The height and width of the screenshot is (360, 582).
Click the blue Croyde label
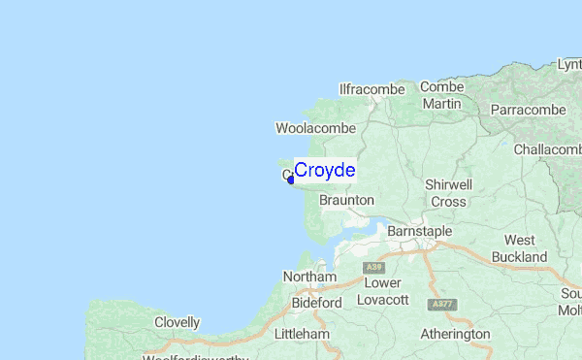point(324,171)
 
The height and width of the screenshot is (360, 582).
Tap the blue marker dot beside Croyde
point(291,179)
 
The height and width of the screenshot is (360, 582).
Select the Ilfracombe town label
point(372,89)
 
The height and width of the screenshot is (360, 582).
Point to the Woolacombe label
point(315,128)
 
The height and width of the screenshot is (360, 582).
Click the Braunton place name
point(346,200)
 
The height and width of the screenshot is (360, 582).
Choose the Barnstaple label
point(419,232)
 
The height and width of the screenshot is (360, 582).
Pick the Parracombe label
point(528,110)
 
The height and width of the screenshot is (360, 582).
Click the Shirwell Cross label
point(448,193)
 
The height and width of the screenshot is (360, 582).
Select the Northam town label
point(308,278)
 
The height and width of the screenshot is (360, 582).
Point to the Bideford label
point(317,303)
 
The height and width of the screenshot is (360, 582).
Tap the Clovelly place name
point(177,322)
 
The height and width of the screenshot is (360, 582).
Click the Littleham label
point(302,335)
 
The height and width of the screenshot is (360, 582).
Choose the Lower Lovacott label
point(382,291)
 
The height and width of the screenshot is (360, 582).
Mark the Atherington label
point(455,334)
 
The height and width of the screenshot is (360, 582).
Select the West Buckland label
point(519,248)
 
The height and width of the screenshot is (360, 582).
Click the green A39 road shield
point(372,266)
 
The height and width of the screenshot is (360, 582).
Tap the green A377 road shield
point(443,304)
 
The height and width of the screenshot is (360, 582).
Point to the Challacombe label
point(547,149)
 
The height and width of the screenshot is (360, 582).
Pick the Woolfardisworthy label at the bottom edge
point(195,356)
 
